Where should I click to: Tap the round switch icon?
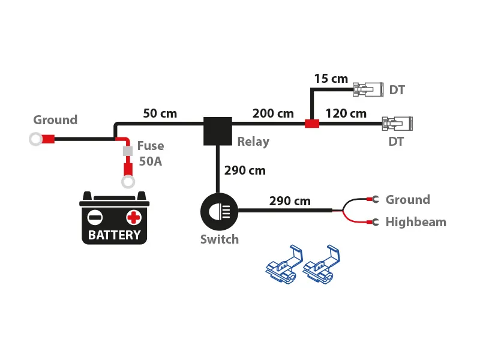[x=219, y=211]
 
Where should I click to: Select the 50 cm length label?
[x=160, y=113]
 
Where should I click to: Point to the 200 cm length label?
[x=273, y=113]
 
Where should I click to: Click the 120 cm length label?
[x=346, y=113]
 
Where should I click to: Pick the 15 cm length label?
[x=331, y=79]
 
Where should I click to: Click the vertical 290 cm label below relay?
[x=245, y=170]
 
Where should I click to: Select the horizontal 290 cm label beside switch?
[x=290, y=201]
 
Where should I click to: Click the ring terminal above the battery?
[x=128, y=182]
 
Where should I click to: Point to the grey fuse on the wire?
[x=128, y=151]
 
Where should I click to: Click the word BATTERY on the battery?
[x=114, y=235]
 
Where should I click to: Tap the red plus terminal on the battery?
[x=133, y=217]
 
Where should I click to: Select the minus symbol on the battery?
[x=95, y=217]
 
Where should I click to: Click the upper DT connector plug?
[x=368, y=90]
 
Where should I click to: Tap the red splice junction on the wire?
[x=312, y=124]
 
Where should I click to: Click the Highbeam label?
[x=416, y=222]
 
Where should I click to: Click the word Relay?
[x=253, y=142]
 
